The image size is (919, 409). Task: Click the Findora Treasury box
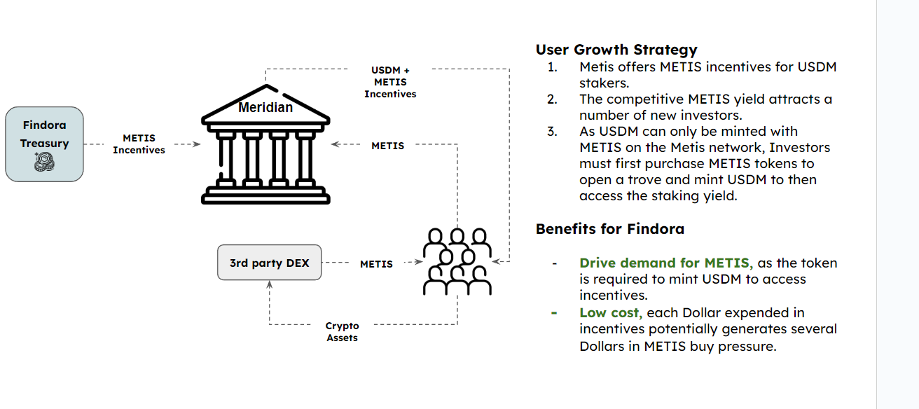[44, 144]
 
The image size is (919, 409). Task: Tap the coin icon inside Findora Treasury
[44, 162]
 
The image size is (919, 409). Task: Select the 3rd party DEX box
[269, 263]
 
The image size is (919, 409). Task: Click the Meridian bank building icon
[265, 144]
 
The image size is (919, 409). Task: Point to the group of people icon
[457, 262]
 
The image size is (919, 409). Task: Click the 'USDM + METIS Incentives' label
[390, 82]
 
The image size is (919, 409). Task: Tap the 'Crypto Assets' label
[342, 331]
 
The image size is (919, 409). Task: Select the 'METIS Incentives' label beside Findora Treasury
[139, 144]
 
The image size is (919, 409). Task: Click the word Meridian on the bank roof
[265, 107]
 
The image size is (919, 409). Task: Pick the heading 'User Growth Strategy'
[616, 50]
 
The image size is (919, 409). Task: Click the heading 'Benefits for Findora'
[610, 229]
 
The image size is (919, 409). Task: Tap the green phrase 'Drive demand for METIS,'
[666, 263]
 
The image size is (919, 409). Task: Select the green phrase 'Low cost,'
[611, 313]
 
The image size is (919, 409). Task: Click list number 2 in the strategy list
[552, 99]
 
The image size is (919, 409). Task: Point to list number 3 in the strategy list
[552, 132]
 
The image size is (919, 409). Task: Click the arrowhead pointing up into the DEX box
[270, 284]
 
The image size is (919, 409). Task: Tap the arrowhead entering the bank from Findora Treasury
[197, 144]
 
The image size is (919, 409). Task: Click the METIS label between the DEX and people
[376, 264]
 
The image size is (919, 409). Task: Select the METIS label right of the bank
[388, 146]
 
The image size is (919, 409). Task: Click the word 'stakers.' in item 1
[604, 83]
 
